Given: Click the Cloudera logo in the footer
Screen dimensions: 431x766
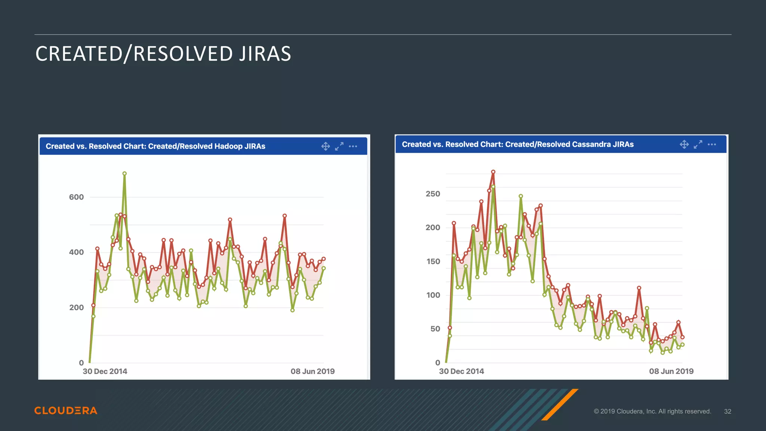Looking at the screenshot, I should tap(66, 410).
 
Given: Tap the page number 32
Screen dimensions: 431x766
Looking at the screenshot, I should tap(727, 411).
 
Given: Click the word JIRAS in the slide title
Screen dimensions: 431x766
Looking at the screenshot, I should tap(265, 54).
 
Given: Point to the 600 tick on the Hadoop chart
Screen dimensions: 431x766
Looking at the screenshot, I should tap(76, 197).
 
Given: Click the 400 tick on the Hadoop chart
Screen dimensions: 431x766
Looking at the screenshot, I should tap(76, 252).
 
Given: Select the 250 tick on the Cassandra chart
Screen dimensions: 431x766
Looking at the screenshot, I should tap(433, 194).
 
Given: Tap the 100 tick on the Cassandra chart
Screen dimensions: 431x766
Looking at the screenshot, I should tap(433, 295).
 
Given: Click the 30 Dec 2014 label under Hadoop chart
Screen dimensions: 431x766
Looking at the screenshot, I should tap(105, 372).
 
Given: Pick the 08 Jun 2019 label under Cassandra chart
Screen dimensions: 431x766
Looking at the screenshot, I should tap(671, 371).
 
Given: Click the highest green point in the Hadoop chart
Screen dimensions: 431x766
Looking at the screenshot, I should tap(125, 174).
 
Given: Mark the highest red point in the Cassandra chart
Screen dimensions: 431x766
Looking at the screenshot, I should tap(493, 172).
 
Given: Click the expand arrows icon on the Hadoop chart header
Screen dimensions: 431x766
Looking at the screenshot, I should tap(339, 146).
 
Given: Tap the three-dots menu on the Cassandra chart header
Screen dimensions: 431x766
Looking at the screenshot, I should tap(712, 144).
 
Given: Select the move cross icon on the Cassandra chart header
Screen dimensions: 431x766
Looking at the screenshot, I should tap(684, 144).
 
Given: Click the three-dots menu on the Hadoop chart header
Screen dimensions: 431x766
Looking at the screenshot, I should tap(353, 146).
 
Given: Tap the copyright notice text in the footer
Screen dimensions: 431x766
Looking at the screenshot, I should tap(652, 411).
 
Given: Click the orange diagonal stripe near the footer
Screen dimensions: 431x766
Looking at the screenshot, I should tap(560, 404).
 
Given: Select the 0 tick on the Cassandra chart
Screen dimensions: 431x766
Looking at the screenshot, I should tap(438, 363).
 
